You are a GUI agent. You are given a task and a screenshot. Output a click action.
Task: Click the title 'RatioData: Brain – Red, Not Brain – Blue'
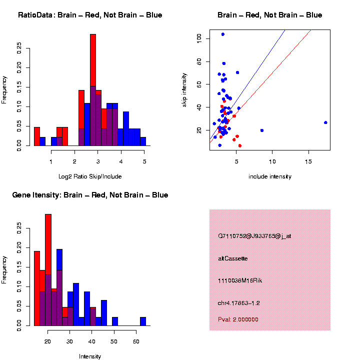90,15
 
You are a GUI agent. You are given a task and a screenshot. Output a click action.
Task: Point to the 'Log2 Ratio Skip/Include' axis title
90,176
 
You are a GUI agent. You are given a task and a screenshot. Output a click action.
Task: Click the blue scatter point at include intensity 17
325,122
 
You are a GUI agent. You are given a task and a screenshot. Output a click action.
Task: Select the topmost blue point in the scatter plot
223,34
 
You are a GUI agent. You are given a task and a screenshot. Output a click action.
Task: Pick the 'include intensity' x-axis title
270,176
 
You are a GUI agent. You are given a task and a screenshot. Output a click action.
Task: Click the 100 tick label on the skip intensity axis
199,38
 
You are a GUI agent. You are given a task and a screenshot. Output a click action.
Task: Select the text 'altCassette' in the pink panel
233,258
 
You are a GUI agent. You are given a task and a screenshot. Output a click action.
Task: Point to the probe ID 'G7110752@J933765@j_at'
254,236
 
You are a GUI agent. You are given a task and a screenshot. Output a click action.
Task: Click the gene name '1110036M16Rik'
240,280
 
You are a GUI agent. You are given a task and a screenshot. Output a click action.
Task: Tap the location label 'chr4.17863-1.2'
239,303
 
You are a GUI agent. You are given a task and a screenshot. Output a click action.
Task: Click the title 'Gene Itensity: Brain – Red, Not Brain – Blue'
90,195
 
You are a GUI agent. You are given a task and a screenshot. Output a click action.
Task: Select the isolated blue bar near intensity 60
143,321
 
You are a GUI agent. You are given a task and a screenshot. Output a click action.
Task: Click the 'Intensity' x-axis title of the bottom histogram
90,356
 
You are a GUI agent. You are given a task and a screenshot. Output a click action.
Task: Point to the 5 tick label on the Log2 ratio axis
144,161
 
